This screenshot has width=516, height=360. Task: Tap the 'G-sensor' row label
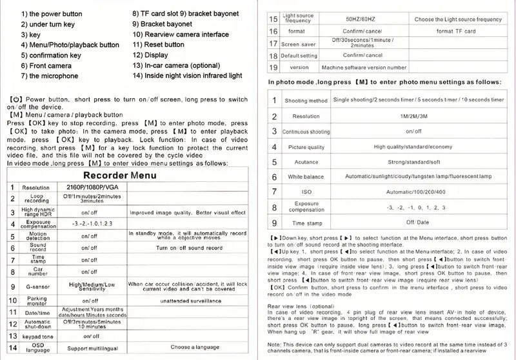37,286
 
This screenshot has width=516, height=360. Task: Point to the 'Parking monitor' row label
36,300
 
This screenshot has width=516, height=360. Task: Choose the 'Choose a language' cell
190,347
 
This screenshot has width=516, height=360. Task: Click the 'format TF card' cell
456,31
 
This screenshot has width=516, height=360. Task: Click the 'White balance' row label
306,177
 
